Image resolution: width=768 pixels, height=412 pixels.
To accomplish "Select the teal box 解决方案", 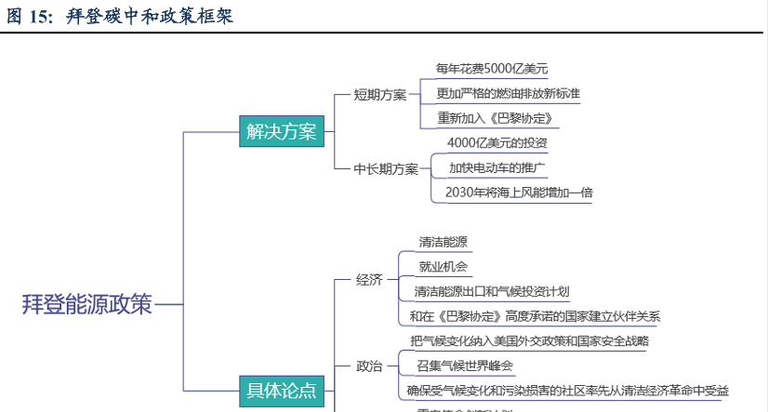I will (282, 132).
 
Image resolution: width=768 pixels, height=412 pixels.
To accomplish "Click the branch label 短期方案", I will (380, 94).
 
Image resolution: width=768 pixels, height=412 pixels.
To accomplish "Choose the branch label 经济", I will (369, 279).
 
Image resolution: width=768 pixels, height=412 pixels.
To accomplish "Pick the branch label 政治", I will (369, 365).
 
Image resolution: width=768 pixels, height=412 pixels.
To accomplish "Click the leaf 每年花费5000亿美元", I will (492, 69).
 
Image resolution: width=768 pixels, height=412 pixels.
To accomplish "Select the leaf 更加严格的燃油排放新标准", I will (508, 93).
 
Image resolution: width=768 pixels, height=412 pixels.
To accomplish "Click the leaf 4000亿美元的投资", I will (497, 143).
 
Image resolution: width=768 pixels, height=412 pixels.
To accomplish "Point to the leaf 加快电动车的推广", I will (497, 168).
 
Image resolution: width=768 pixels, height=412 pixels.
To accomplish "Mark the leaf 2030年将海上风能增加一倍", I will (519, 193).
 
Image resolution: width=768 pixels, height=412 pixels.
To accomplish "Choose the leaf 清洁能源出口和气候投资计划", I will (504, 291).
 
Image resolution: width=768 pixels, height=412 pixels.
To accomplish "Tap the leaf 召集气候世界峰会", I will (465, 365).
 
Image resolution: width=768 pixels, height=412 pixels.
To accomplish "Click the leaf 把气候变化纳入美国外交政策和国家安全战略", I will (529, 340).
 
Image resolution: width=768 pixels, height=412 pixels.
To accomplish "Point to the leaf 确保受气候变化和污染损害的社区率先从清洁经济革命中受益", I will (567, 391).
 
